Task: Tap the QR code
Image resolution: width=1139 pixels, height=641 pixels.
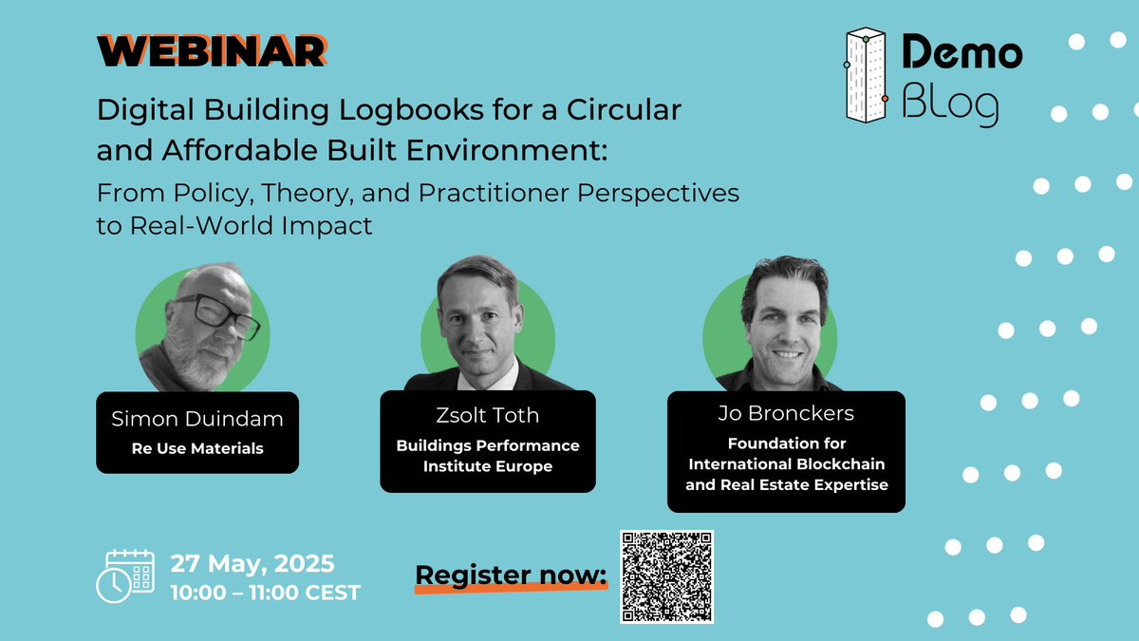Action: (666, 576)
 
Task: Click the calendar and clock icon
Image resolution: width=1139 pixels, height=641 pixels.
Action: (125, 575)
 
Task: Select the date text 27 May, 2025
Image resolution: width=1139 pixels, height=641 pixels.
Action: (252, 563)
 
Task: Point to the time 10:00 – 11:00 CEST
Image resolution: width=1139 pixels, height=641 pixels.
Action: (266, 593)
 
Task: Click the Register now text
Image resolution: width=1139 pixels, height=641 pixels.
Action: (511, 575)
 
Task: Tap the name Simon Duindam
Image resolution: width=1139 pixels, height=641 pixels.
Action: (197, 420)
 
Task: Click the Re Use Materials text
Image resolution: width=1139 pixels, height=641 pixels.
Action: (196, 447)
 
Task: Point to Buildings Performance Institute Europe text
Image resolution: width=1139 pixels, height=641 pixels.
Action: (488, 456)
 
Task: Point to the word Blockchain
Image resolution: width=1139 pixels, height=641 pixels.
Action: (839, 464)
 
